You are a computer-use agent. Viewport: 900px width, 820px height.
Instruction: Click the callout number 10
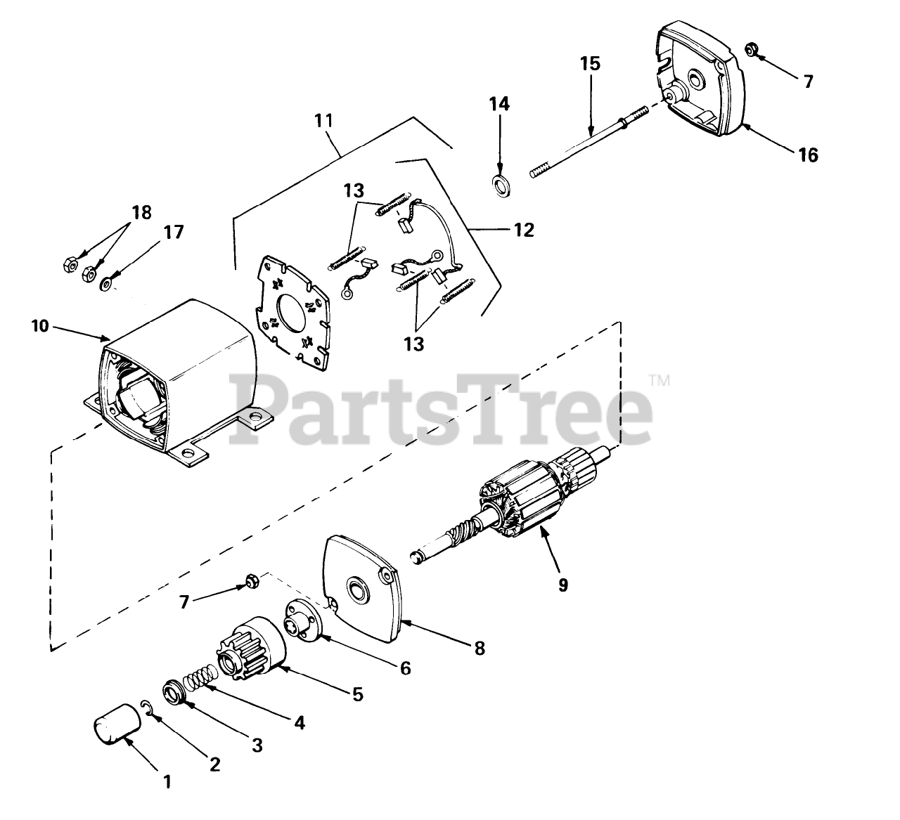click(x=40, y=326)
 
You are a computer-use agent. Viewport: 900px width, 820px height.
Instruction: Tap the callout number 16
click(x=809, y=155)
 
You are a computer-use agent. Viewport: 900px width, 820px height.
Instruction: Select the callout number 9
click(x=562, y=583)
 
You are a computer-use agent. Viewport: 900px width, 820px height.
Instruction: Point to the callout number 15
click(x=590, y=64)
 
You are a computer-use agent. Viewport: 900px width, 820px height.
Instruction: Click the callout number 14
click(x=500, y=105)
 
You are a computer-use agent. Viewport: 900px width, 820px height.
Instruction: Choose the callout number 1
click(x=167, y=781)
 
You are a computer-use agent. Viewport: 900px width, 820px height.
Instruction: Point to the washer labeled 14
click(x=501, y=187)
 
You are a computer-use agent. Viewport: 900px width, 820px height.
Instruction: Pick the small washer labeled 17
click(x=106, y=283)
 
